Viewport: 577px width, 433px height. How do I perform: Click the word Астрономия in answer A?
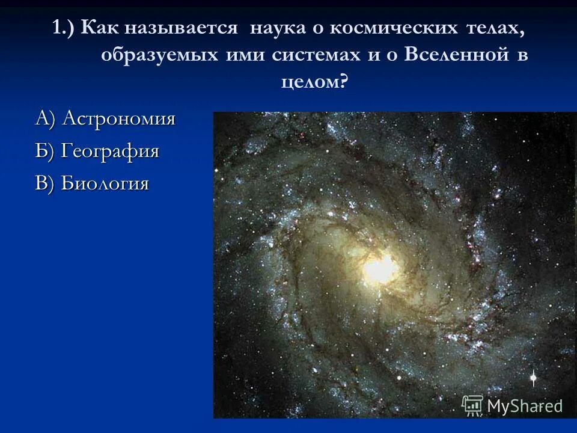pos(119,118)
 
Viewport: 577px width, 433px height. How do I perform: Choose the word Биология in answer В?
pos(105,183)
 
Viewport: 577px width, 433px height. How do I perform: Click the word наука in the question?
pos(279,28)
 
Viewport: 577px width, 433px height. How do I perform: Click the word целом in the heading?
pos(310,81)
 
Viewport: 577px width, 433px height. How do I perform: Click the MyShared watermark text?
pos(525,406)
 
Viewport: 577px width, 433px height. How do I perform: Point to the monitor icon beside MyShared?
pos(472,405)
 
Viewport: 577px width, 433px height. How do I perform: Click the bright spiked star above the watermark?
pos(532,378)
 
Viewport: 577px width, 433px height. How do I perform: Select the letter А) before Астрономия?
pos(46,118)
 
